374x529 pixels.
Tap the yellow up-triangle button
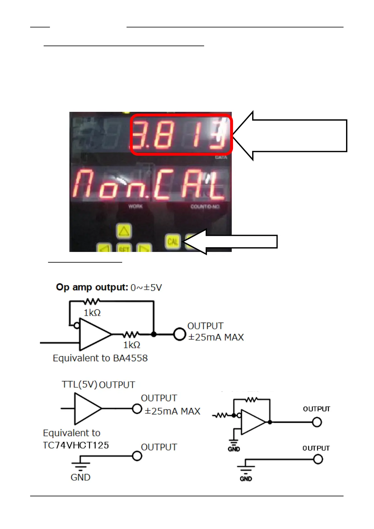pyautogui.click(x=124, y=232)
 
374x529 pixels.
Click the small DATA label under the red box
pyautogui.click(x=221, y=157)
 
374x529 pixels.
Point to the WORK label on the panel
pyautogui.click(x=135, y=206)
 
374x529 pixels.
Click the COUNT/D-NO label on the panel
pyautogui.click(x=205, y=207)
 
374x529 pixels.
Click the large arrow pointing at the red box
pyautogui.click(x=292, y=136)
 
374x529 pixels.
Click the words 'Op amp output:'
pyautogui.click(x=92, y=287)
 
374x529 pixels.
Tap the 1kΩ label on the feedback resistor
pyautogui.click(x=92, y=313)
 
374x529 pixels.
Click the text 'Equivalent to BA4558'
pyautogui.click(x=100, y=358)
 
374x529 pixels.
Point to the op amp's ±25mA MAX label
pyautogui.click(x=216, y=337)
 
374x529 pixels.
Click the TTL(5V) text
pyautogui.click(x=79, y=384)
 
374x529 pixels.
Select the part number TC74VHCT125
pyautogui.click(x=76, y=445)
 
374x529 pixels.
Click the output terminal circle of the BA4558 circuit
pyautogui.click(x=180, y=334)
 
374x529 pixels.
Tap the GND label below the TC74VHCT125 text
pyautogui.click(x=80, y=477)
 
